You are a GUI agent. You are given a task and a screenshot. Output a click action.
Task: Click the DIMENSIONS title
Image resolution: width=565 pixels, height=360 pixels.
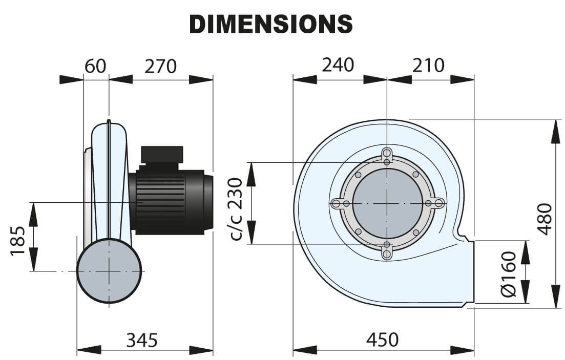tap(271, 24)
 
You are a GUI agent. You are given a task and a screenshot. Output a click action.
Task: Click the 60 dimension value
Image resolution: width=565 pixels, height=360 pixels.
tap(95, 66)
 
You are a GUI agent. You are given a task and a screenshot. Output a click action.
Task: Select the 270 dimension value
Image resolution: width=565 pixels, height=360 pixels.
tap(161, 66)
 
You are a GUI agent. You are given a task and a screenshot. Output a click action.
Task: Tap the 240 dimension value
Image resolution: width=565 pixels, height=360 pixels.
tap(338, 65)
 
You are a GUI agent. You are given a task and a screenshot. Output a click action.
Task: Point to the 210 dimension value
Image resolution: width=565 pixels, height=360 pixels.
tap(428, 65)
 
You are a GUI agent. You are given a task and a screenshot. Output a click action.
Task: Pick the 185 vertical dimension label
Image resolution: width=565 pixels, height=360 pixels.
tap(17, 241)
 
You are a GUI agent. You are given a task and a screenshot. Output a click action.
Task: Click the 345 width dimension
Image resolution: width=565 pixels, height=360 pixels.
tap(142, 340)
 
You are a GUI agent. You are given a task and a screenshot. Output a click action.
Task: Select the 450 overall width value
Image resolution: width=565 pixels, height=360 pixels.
tap(382, 340)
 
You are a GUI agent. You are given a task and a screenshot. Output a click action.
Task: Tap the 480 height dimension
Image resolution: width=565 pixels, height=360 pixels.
tap(545, 219)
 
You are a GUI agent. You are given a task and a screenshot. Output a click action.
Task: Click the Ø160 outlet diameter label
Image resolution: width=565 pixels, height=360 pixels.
tap(509, 274)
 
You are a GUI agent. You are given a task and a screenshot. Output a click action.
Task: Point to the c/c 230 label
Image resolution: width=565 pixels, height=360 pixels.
tap(236, 209)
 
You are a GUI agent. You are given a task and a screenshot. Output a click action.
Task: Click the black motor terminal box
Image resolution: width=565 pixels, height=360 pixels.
tap(162, 154)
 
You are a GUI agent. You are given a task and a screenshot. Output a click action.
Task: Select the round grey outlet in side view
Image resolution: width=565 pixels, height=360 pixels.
tap(109, 271)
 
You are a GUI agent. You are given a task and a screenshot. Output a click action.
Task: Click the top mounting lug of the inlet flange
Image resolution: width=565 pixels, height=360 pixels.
tap(387, 156)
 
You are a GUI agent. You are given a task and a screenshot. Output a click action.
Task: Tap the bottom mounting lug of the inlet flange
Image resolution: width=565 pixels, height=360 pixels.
tap(387, 250)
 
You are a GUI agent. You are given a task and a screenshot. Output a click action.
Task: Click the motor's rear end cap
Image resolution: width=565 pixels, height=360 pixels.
tap(208, 202)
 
